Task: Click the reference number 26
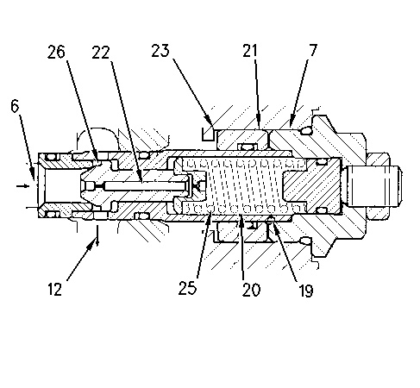(56, 52)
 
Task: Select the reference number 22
(101, 53)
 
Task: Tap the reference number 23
(160, 51)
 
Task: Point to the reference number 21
(249, 51)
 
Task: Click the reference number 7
(313, 50)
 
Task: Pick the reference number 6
(15, 106)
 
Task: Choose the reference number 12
(54, 289)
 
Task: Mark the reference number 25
(187, 288)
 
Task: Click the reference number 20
(251, 289)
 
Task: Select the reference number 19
(305, 291)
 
